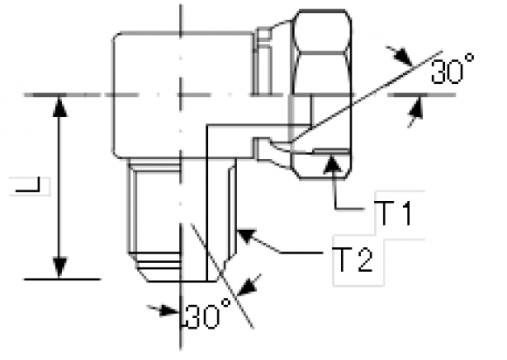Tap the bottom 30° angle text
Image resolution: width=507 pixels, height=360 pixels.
tap(208, 315)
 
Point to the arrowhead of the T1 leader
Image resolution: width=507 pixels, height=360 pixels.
tap(333, 163)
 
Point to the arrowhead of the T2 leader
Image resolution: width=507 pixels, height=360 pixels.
tap(247, 236)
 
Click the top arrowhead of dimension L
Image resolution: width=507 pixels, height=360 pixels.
tap(59, 106)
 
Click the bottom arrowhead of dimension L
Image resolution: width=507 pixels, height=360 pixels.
tap(59, 267)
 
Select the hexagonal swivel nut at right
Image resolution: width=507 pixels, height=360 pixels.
tap(321, 93)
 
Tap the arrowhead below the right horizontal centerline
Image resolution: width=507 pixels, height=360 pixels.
tap(416, 111)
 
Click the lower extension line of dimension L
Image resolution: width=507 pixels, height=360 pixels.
tap(63, 279)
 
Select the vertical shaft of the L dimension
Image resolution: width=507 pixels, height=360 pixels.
tap(59, 187)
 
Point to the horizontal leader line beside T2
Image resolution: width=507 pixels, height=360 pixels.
tap(302, 253)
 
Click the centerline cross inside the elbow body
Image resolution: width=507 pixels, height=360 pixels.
tap(180, 95)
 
